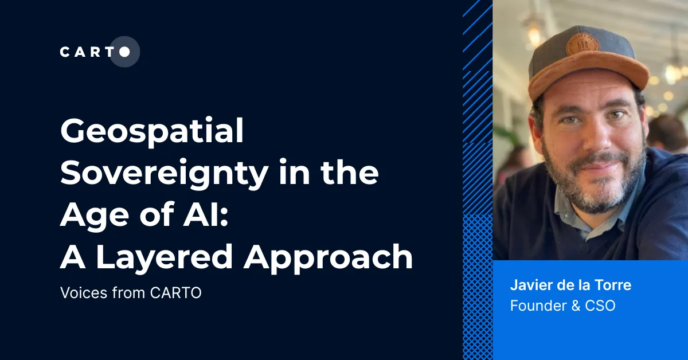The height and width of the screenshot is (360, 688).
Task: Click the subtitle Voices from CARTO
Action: (x=131, y=292)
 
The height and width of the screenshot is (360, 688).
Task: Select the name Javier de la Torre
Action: (x=570, y=285)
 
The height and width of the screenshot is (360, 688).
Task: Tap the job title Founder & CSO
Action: (x=562, y=306)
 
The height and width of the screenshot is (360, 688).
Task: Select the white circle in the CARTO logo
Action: (x=124, y=52)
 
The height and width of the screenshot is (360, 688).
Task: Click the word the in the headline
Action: (x=347, y=174)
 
